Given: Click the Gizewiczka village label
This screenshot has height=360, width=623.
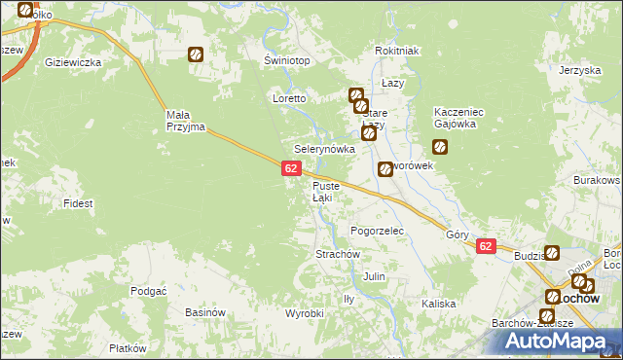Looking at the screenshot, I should pyautogui.click(x=74, y=62).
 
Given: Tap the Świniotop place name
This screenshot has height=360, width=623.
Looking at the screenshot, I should pyautogui.click(x=287, y=60).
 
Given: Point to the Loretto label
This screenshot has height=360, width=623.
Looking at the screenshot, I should pyautogui.click(x=290, y=99).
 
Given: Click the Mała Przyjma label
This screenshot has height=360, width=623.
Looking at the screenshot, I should pyautogui.click(x=183, y=121).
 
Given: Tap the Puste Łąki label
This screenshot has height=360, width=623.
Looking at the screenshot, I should pyautogui.click(x=325, y=192).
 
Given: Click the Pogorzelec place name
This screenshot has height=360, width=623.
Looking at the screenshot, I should pyautogui.click(x=377, y=231).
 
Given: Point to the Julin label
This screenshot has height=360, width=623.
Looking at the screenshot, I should pyautogui.click(x=375, y=276).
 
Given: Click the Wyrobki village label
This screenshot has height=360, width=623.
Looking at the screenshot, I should pyautogui.click(x=304, y=313).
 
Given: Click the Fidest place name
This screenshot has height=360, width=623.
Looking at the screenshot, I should pyautogui.click(x=78, y=203).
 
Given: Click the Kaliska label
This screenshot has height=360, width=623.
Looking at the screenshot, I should pyautogui.click(x=439, y=304).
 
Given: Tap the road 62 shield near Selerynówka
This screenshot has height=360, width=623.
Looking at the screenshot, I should pyautogui.click(x=291, y=169).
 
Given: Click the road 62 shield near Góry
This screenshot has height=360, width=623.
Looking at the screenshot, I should pyautogui.click(x=487, y=247).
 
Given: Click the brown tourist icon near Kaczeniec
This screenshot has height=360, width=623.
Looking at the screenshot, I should pyautogui.click(x=440, y=147).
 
